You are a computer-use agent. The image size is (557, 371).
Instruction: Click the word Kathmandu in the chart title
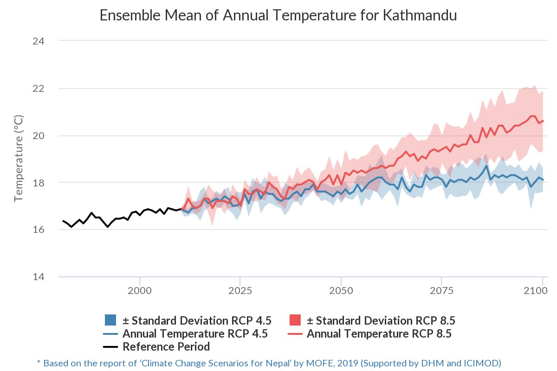coord(420,15)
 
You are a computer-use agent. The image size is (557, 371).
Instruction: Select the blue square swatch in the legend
coord(110,320)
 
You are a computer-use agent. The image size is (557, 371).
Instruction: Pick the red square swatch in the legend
coord(295,320)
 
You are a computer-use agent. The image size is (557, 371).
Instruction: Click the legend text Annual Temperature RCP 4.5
coord(195,333)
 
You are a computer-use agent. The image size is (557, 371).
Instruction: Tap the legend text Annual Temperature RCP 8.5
coord(379,333)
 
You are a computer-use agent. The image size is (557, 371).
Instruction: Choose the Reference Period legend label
coord(166,346)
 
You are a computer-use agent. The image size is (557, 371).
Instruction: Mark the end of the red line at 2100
coord(543,121)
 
